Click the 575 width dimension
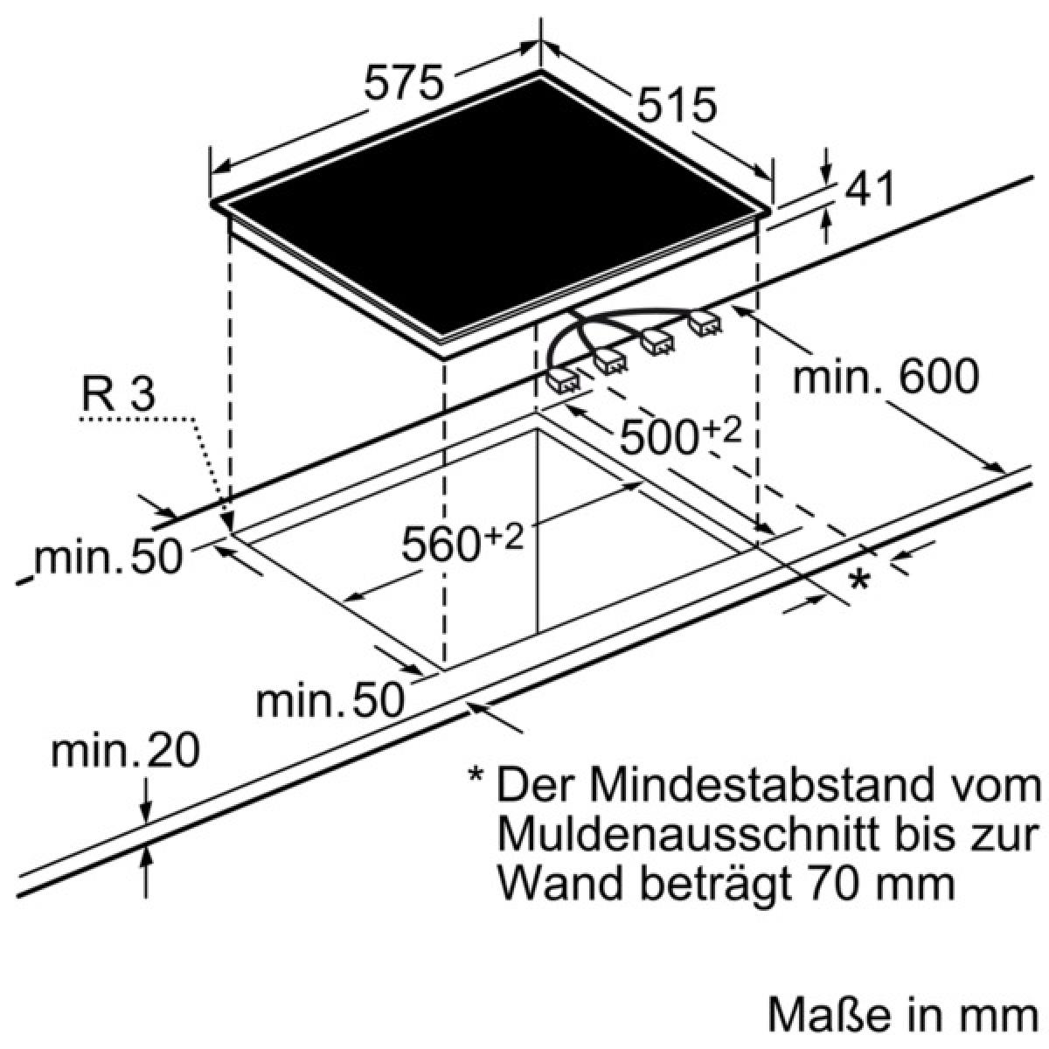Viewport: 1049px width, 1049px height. pos(403,82)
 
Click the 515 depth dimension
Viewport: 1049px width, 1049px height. pos(677,105)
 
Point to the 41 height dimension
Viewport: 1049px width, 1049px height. pos(869,188)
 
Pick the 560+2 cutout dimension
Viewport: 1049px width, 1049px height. pos(462,539)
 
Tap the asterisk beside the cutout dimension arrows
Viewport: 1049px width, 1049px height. pos(859,580)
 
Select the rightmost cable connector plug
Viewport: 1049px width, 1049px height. pos(705,324)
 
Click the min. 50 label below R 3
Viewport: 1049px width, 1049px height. pos(108,556)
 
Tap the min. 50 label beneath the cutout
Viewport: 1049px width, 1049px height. pos(331,700)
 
